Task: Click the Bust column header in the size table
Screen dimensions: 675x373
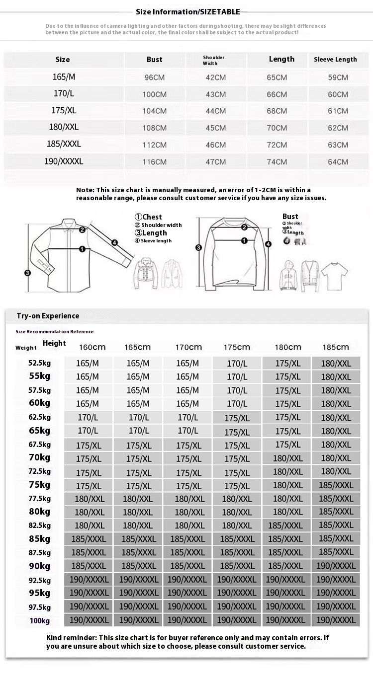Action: pos(154,60)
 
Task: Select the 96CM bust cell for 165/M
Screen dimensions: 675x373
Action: pos(154,77)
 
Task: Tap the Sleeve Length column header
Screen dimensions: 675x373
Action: pos(335,60)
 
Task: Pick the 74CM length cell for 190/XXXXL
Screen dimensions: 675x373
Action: pos(277,162)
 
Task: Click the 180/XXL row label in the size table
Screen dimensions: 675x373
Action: pos(64,127)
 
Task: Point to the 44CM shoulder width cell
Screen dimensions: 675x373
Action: pos(216,111)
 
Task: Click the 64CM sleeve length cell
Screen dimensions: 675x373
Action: pos(338,162)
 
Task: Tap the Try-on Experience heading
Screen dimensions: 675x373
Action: pos(48,316)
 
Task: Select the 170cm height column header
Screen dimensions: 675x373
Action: pos(188,347)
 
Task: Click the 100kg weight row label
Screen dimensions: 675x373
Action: pos(40,620)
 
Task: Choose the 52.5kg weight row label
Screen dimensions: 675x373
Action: pos(40,363)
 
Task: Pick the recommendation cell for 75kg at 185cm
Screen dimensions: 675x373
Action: pos(336,485)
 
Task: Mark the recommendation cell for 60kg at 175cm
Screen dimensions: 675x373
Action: pos(237,404)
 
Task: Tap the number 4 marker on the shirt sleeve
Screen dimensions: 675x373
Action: pos(114,243)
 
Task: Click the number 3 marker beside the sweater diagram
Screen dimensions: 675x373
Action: pos(198,247)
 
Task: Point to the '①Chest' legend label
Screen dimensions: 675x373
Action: pos(148,217)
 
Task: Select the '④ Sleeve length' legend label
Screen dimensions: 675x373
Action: pos(153,241)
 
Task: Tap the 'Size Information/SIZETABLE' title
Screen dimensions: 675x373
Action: pos(188,12)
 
